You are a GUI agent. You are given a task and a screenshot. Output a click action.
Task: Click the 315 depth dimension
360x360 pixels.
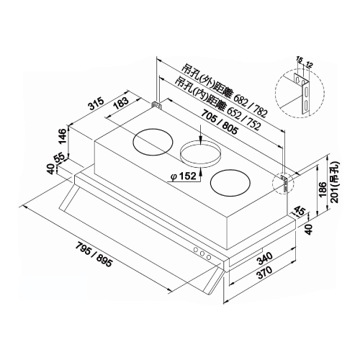pos(96,104)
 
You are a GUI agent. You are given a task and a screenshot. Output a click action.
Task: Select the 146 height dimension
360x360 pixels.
pos(63,136)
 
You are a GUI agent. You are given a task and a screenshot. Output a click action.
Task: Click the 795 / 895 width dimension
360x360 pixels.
pos(94,255)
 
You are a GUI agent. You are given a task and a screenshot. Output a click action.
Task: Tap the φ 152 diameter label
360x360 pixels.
pos(184,176)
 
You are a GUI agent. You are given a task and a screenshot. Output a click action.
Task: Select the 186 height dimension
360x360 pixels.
pos(323,189)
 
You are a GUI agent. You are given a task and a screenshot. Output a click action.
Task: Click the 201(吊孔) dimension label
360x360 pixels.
pos(335,182)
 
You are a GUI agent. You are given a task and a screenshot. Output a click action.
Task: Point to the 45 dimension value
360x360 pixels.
pos(299,211)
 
